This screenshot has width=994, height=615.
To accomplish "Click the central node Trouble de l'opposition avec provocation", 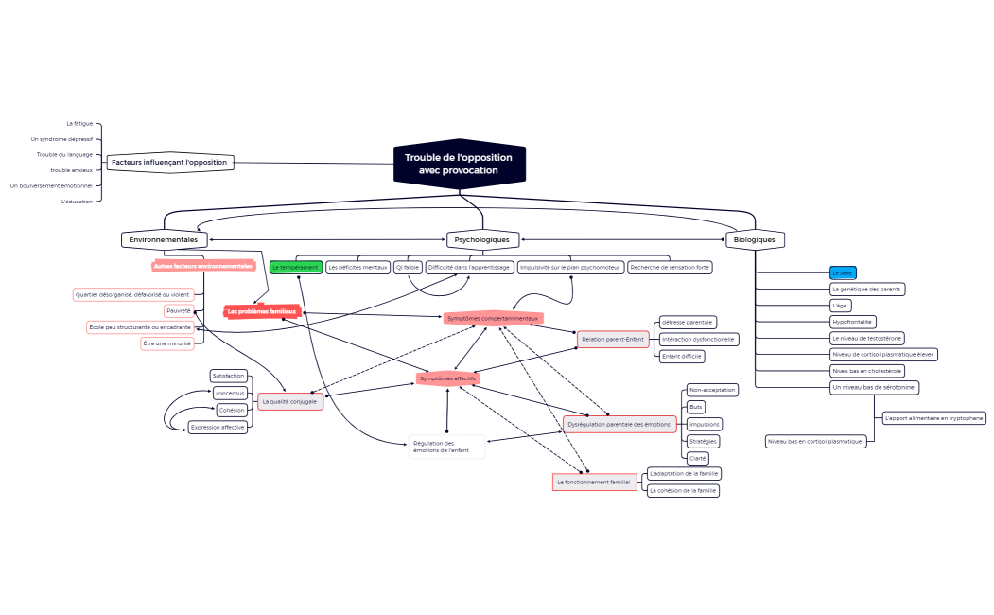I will click(459, 164).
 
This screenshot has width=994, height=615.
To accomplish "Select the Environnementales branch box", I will click(163, 240).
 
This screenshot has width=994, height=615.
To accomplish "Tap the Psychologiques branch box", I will click(483, 240).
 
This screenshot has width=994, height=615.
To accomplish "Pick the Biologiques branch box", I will click(755, 240).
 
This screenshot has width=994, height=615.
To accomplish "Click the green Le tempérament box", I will click(295, 268).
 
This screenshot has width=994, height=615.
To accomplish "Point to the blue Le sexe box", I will click(843, 272).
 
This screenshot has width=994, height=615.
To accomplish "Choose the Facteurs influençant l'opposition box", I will click(168, 163).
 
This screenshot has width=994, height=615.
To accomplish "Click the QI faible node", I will click(408, 268).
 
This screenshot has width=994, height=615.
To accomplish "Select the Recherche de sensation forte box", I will click(670, 268).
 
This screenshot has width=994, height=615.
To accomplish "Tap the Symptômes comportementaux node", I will click(492, 318).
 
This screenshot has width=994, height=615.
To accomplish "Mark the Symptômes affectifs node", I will click(447, 378).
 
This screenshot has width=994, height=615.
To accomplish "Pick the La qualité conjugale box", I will click(290, 402).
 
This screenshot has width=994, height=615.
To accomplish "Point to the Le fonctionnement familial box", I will click(594, 483).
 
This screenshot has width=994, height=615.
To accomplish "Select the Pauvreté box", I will click(179, 310).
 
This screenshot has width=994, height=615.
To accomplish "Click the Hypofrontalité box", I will click(852, 322).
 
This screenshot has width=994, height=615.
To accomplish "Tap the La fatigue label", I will click(79, 124).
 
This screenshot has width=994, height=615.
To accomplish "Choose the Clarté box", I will click(698, 458).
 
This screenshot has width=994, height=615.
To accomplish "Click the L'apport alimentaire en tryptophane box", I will click(933, 417).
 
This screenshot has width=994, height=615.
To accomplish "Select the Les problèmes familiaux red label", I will click(262, 311).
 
